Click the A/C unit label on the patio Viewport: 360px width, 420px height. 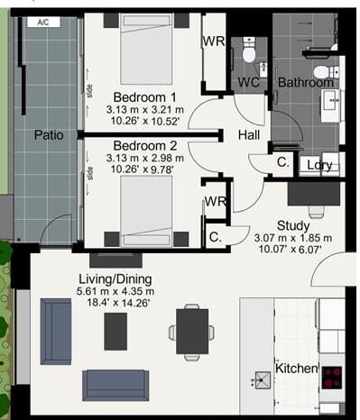[43, 23]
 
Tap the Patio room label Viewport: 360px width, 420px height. [49, 135]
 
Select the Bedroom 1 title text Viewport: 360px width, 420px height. [144, 97]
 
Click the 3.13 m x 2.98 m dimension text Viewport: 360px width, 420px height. [144, 158]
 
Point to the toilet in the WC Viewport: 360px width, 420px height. [249, 50]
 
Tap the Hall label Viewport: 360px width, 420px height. [249, 135]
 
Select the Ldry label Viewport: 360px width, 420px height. [319, 165]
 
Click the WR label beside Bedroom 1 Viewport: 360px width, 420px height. [214, 41]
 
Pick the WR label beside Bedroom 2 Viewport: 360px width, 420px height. [215, 201]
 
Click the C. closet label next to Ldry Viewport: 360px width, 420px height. [283, 162]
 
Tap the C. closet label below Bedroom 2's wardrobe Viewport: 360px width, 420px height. [215, 237]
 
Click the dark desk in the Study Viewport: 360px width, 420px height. [314, 194]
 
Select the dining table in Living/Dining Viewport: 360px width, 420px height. [192, 331]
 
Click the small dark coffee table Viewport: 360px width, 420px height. [115, 332]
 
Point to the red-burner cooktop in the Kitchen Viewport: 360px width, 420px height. [332, 378]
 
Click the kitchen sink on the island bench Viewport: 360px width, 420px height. [263, 380]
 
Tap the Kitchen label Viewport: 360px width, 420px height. [297, 369]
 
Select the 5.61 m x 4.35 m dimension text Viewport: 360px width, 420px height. [115, 291]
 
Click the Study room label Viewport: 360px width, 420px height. [293, 225]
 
